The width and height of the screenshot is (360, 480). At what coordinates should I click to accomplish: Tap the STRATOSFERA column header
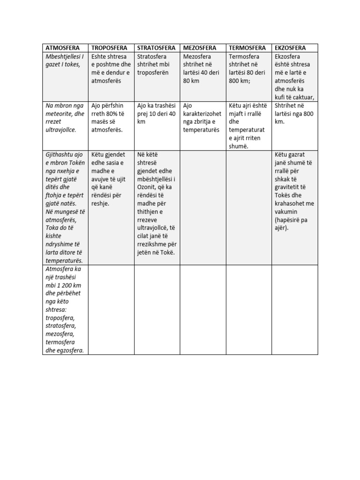156,48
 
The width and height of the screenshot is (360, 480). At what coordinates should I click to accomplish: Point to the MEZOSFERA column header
200,48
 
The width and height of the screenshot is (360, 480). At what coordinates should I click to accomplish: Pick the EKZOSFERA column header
291,48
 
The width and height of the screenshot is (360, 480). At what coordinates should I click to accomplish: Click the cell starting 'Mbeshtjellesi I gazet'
65,60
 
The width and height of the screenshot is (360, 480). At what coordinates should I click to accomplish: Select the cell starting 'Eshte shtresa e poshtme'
112,68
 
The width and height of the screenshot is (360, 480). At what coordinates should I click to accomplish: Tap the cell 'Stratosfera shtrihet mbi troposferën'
156,65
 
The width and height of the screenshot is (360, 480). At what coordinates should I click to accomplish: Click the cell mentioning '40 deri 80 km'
202,68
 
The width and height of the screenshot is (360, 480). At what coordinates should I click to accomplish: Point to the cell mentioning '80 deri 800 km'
247,68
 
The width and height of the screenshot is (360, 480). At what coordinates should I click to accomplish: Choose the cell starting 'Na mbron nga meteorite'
65,117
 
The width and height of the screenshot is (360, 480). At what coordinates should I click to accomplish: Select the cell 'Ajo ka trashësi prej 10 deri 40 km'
156,113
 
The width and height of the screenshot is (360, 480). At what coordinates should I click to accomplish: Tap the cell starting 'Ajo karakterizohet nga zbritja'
202,117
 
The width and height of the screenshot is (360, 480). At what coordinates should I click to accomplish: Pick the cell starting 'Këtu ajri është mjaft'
247,126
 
